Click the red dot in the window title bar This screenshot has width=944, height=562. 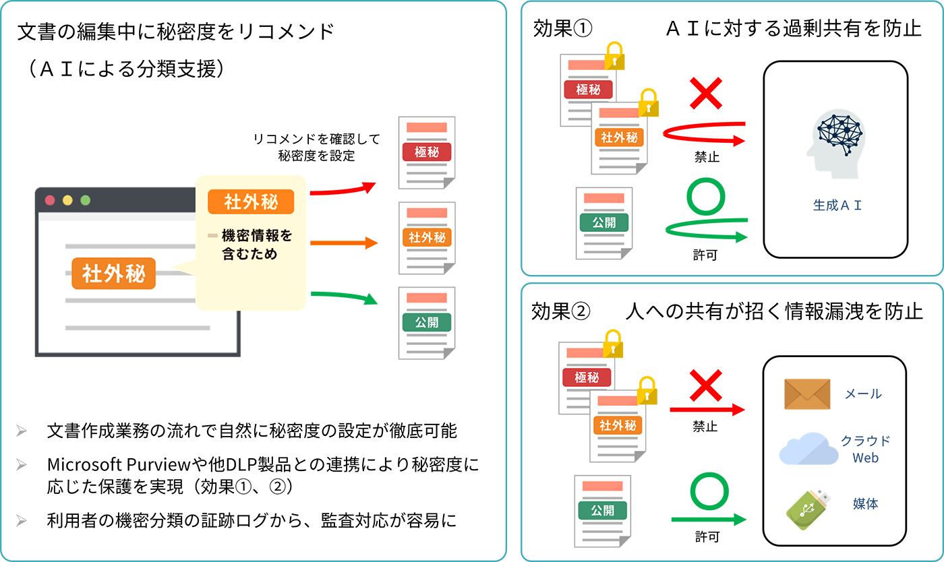click(49, 200)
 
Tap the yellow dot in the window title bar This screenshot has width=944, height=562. click(67, 200)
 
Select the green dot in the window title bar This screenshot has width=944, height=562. click(85, 200)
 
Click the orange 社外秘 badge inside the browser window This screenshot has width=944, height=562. click(113, 274)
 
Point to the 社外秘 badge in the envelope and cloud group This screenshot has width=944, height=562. click(617, 425)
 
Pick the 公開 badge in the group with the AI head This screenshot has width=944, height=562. click(604, 222)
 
